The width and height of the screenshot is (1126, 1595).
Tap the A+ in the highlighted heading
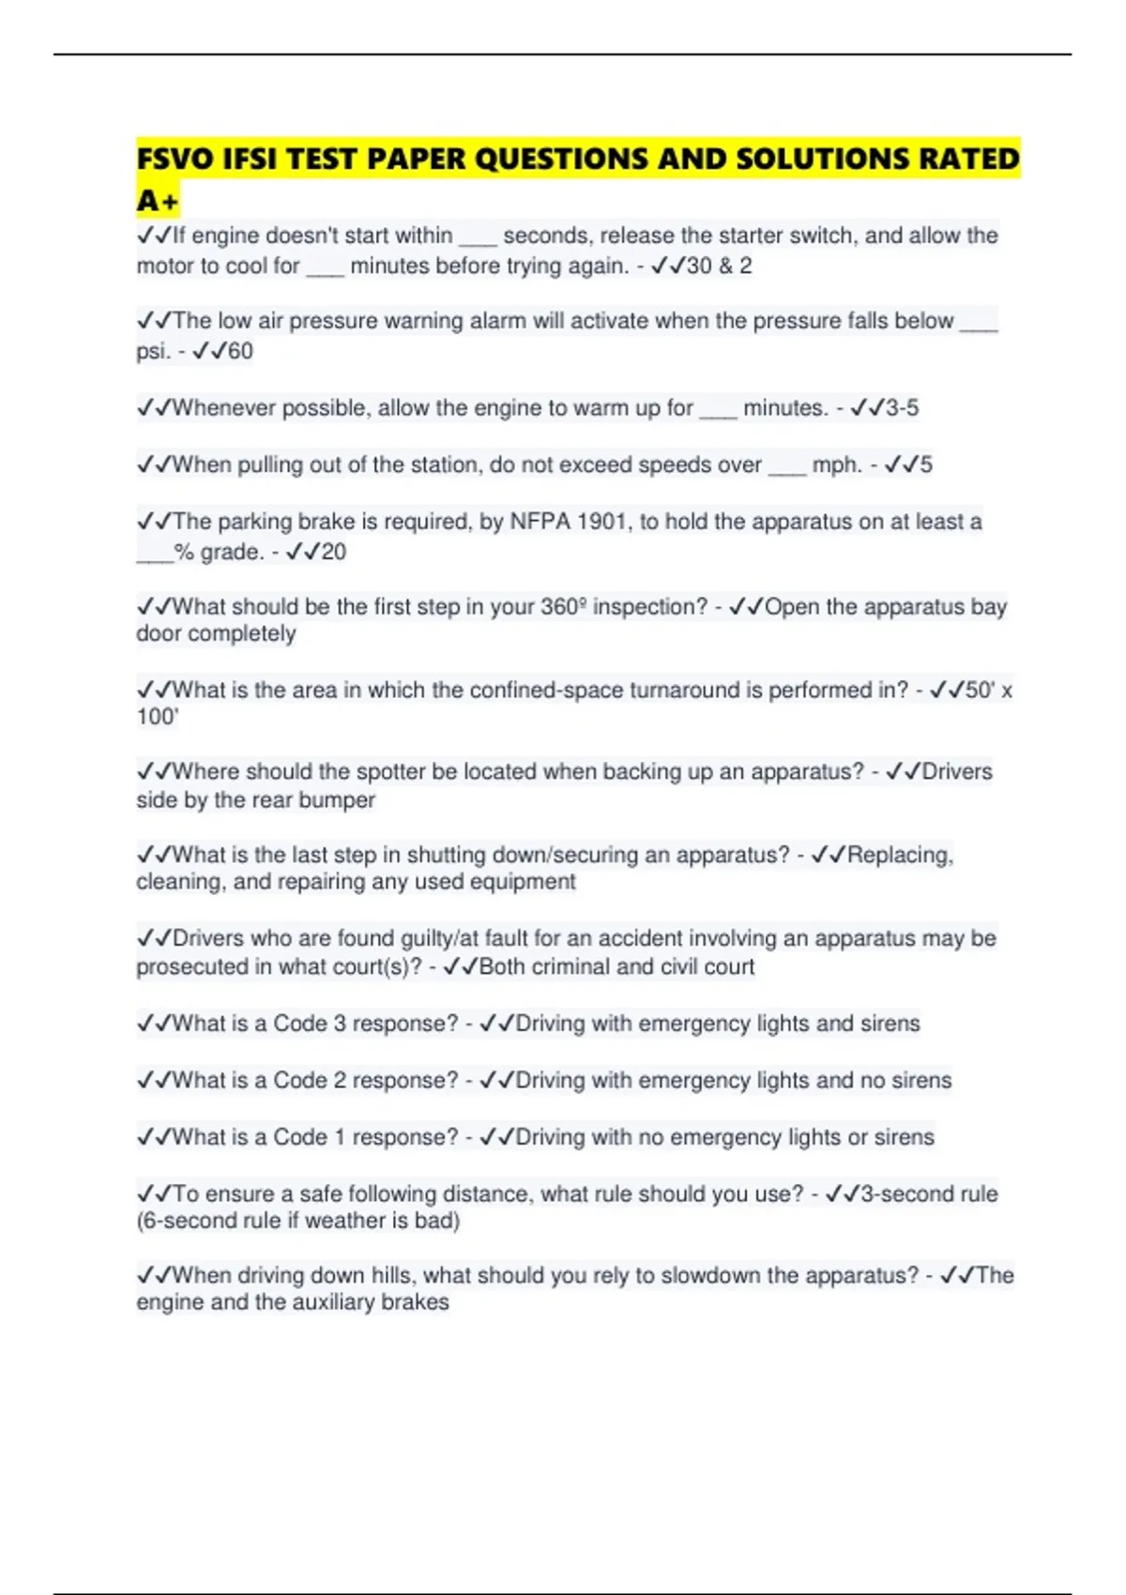tap(157, 201)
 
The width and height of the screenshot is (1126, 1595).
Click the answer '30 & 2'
tap(719, 266)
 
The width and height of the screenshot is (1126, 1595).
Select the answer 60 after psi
tap(240, 352)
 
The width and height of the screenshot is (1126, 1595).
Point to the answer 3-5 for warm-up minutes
tap(902, 408)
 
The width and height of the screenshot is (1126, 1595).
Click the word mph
tap(836, 465)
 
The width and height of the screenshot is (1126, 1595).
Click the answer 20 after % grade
tap(333, 552)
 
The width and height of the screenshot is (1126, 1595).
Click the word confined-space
tap(546, 691)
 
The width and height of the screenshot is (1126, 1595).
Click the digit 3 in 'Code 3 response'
tap(340, 1024)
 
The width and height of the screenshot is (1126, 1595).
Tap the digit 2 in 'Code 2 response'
tap(340, 1081)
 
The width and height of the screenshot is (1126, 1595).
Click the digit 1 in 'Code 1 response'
tap(340, 1137)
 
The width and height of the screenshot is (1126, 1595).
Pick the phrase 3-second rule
tap(929, 1194)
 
